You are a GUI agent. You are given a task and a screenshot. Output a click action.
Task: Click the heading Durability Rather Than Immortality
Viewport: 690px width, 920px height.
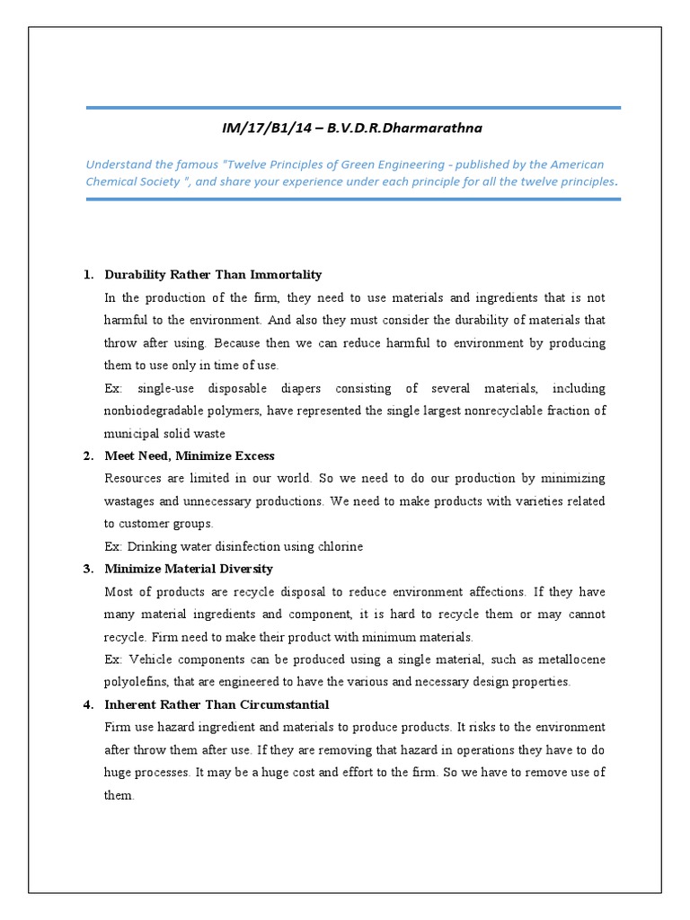[x=213, y=274]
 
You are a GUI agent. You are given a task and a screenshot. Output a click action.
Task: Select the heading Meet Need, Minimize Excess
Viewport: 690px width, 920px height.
[x=190, y=456]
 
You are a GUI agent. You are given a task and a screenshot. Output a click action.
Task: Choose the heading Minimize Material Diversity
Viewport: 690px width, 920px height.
[x=189, y=569]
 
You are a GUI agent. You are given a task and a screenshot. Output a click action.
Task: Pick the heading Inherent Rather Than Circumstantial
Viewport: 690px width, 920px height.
[x=217, y=703]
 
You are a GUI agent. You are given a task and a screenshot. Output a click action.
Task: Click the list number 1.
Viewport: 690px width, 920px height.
[x=87, y=274]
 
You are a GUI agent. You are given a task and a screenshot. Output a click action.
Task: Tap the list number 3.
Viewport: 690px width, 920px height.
[x=87, y=569]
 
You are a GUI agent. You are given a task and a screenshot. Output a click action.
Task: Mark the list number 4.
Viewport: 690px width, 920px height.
[x=87, y=703]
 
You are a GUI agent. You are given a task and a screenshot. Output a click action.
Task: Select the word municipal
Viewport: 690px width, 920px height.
[x=133, y=433]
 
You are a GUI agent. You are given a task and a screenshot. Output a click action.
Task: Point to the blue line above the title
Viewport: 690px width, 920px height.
[x=353, y=108]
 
